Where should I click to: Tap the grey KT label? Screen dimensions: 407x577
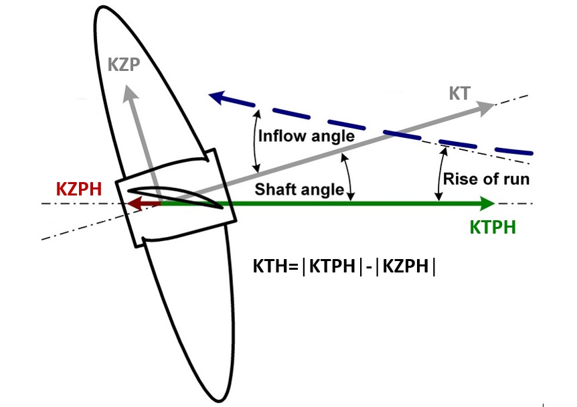[x=461, y=94]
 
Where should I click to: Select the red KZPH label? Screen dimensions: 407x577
[x=78, y=189]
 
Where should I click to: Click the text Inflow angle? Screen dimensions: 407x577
[x=306, y=137]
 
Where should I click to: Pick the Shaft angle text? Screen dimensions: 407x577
[x=299, y=189]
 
